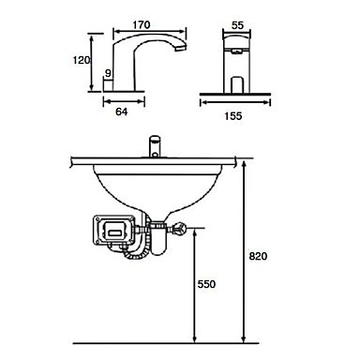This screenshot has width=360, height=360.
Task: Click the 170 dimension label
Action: pos(142,24)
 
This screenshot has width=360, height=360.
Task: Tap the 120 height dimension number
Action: pos(82,60)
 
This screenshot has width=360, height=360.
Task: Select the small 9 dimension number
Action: pos(108,73)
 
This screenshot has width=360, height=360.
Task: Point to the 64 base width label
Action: pos(122,112)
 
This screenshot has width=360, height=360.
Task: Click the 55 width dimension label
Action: pos(237,25)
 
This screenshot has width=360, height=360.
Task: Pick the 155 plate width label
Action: pos(233,116)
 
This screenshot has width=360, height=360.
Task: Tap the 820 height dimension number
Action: pos(258,256)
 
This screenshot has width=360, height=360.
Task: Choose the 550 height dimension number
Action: pos(206,284)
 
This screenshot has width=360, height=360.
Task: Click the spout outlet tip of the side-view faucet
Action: pos(181,49)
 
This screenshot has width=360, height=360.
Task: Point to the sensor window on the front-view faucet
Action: pos(236,51)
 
